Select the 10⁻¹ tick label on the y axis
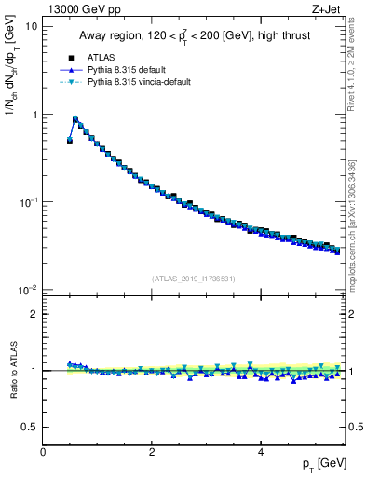pyautogui.click(x=28, y=202)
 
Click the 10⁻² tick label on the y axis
pyautogui.click(x=28, y=290)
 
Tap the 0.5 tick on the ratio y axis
pyautogui.click(x=30, y=427)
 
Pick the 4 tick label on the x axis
pyautogui.click(x=260, y=452)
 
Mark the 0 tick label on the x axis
pyautogui.click(x=43, y=452)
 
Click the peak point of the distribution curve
pyautogui.click(x=75, y=118)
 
